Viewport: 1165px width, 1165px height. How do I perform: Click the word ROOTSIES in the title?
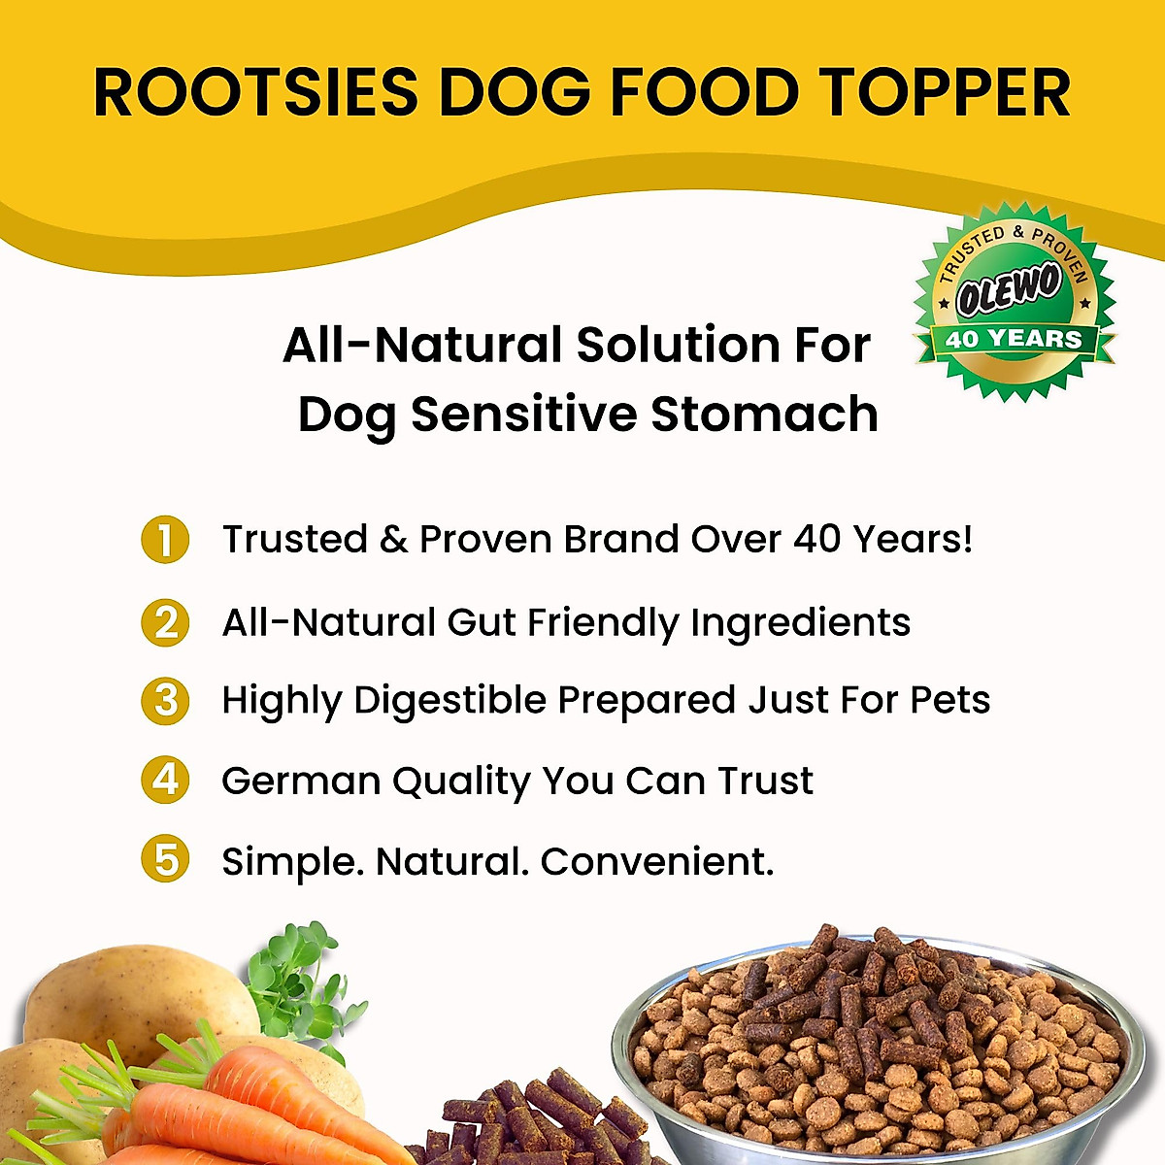click(254, 93)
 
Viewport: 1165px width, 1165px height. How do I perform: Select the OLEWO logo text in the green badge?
click(1010, 290)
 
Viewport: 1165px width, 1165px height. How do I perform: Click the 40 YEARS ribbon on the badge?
click(1014, 340)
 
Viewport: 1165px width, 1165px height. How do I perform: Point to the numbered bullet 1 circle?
click(165, 540)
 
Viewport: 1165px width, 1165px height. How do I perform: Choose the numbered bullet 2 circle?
click(165, 622)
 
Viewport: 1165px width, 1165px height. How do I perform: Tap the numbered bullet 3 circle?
click(165, 700)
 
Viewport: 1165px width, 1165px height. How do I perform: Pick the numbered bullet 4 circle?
click(165, 781)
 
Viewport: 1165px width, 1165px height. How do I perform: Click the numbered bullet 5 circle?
click(165, 860)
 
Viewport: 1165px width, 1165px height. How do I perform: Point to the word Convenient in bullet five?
click(656, 861)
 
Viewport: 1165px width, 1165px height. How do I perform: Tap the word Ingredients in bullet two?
click(800, 623)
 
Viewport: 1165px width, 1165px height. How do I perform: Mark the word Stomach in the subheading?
click(764, 415)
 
